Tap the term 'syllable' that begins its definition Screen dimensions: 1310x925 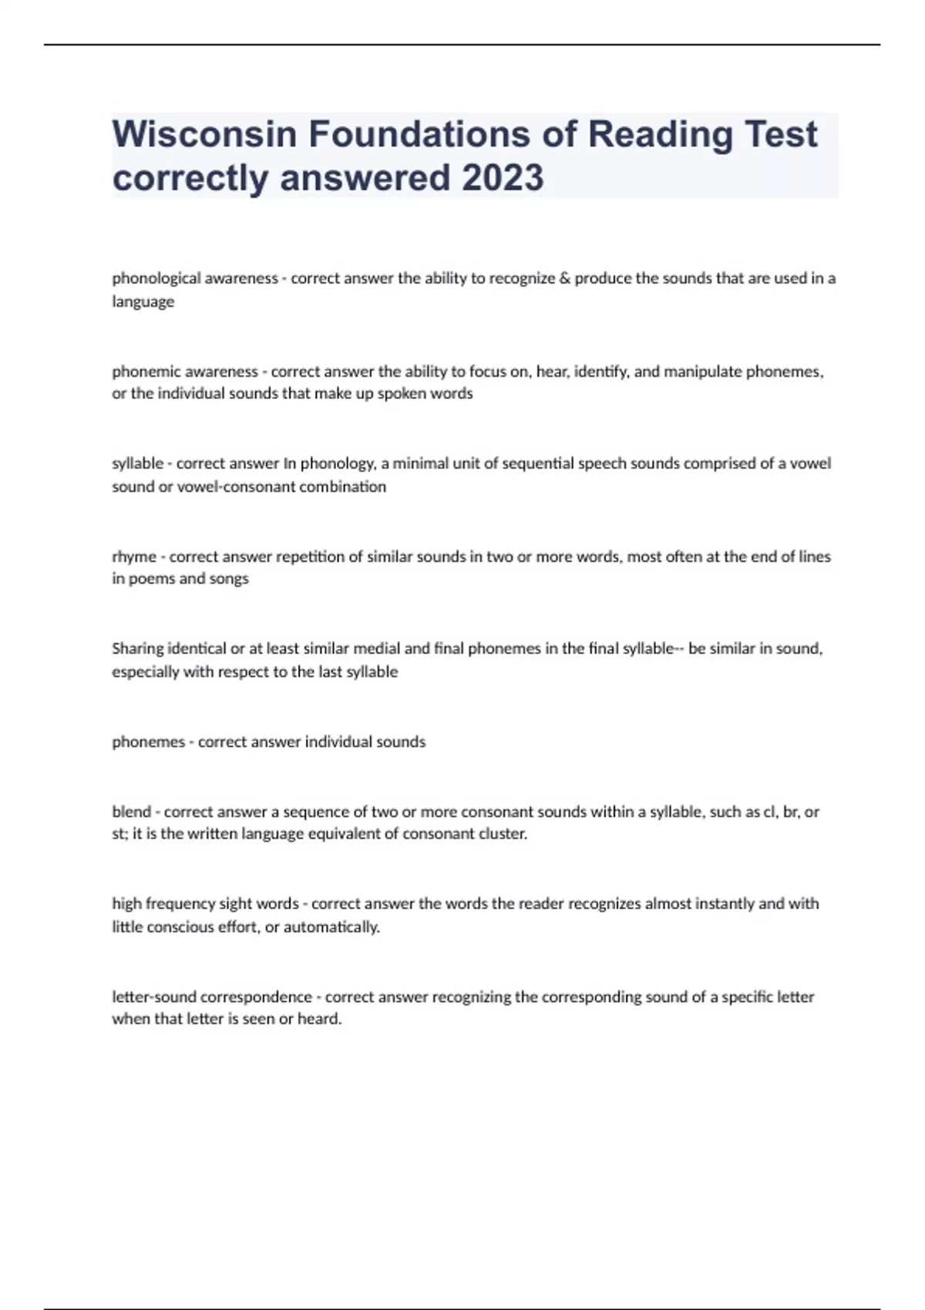[x=137, y=464]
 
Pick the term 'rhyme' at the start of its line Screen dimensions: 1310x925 [x=133, y=556]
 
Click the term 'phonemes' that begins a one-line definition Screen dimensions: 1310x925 [x=148, y=742]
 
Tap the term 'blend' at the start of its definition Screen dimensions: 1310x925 [x=131, y=811]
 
